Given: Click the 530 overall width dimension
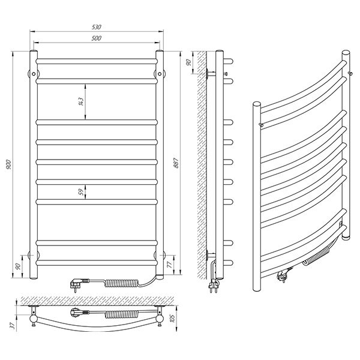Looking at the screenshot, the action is [97, 27].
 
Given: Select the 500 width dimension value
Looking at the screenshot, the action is [97, 38].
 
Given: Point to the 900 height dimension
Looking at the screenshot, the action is [8, 164].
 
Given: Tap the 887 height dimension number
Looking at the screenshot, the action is [176, 163].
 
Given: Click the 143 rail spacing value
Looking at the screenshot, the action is [80, 101].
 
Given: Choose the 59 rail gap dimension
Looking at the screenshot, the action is [80, 192].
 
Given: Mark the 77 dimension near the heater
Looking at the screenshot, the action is [170, 265].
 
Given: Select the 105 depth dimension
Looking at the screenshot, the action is [172, 318].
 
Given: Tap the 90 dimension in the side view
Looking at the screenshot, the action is [188, 62].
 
